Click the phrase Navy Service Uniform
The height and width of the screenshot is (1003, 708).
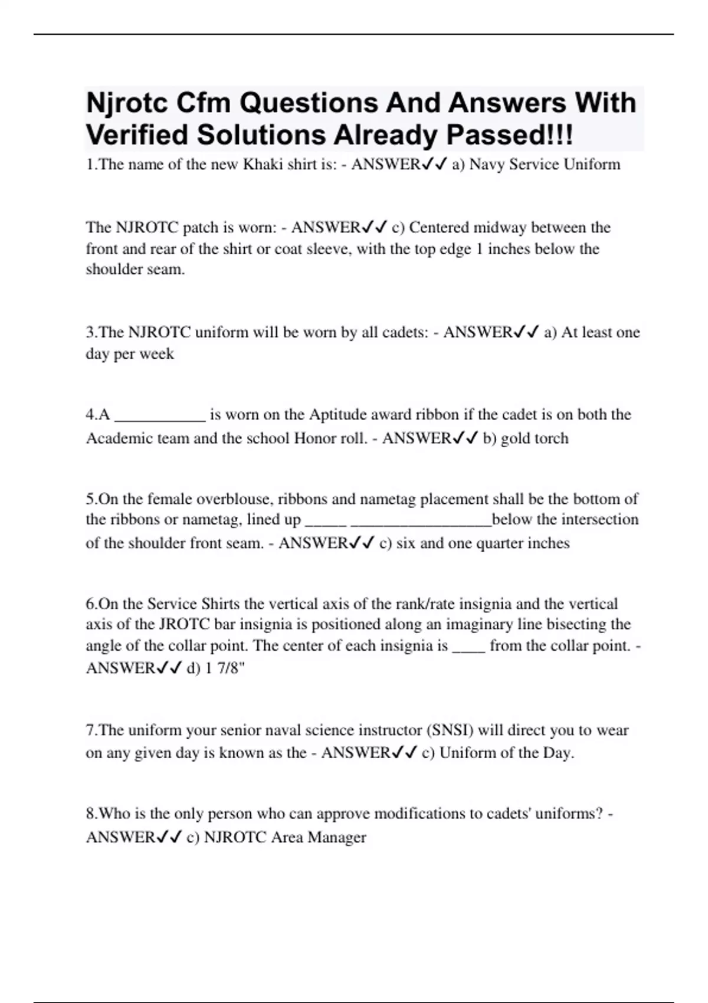click(545, 164)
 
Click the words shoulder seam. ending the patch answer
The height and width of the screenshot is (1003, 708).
click(135, 270)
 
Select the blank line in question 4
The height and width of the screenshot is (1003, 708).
click(159, 415)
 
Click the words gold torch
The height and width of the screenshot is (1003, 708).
click(535, 438)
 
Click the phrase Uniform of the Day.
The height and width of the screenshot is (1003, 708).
click(507, 753)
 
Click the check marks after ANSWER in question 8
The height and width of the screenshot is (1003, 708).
click(169, 837)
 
